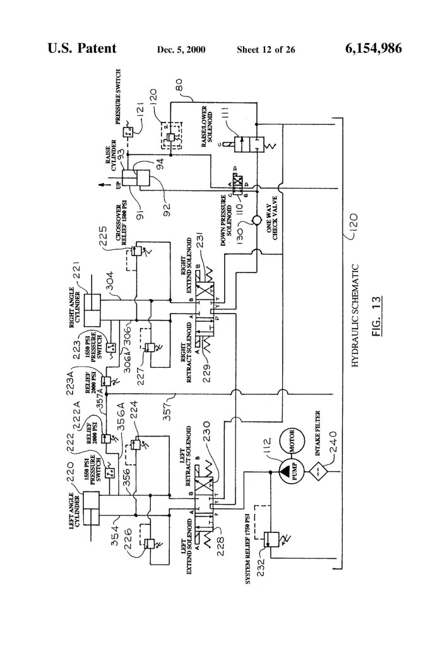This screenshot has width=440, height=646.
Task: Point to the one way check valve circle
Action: [x=256, y=222]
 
